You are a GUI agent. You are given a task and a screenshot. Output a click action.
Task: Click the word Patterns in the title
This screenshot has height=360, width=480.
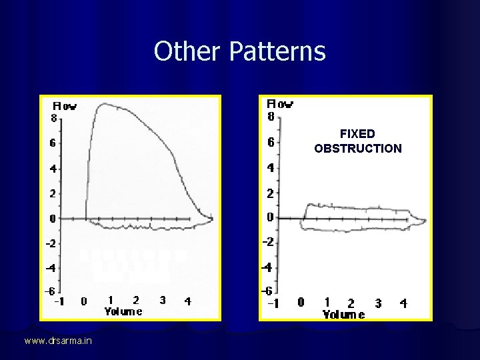tap(277, 51)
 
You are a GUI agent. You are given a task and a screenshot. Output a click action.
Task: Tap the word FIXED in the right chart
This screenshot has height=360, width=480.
tap(357, 134)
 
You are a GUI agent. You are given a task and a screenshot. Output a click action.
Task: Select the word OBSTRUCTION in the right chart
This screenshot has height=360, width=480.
tap(358, 148)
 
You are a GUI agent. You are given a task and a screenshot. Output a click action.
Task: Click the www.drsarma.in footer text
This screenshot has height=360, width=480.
tap(59, 341)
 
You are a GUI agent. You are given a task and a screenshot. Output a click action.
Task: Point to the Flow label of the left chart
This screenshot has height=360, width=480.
tap(65, 106)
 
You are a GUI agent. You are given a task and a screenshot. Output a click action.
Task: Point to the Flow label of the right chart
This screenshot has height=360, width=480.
tap(280, 104)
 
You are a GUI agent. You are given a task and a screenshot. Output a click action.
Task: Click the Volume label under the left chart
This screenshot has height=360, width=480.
tap(123, 311)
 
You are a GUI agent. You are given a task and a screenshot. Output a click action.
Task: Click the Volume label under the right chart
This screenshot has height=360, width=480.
tap(343, 315)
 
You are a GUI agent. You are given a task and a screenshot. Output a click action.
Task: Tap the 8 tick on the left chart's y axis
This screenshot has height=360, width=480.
tap(53, 119)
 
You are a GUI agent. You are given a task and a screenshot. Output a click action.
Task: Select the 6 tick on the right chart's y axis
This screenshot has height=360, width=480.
tap(271, 142)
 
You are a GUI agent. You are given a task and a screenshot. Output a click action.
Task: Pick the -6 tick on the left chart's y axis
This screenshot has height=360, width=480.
tap(50, 292)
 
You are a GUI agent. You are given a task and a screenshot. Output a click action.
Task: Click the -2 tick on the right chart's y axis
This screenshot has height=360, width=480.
tap(268, 242)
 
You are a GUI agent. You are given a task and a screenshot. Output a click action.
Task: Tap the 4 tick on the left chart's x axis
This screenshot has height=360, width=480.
tap(187, 301)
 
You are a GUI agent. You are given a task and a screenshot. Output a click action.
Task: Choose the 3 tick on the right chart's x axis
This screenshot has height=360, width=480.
tap(378, 303)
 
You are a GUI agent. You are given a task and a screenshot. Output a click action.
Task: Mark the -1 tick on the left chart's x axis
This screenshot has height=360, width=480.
tap(59, 301)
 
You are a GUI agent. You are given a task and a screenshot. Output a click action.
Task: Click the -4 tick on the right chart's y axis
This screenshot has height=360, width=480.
tap(268, 267)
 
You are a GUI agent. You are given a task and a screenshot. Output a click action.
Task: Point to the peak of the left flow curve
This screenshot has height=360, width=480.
tap(106, 104)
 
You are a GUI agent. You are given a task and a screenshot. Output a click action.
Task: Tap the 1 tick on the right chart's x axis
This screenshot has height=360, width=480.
tap(327, 303)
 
